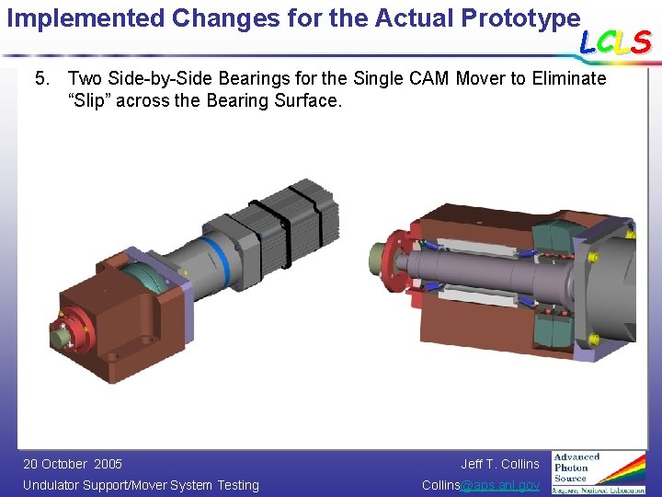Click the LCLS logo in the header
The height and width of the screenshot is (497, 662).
coord(614,40)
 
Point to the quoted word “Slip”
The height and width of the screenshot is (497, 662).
coord(91,100)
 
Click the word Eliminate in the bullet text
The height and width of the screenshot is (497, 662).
coord(570,79)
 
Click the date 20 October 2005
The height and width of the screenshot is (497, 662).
coord(73,464)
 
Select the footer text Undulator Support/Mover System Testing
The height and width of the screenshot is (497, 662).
coord(141,485)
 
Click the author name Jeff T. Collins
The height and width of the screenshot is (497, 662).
coord(500,464)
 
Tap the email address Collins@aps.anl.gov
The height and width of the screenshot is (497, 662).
coord(481,485)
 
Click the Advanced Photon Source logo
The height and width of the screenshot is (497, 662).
coord(599,471)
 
